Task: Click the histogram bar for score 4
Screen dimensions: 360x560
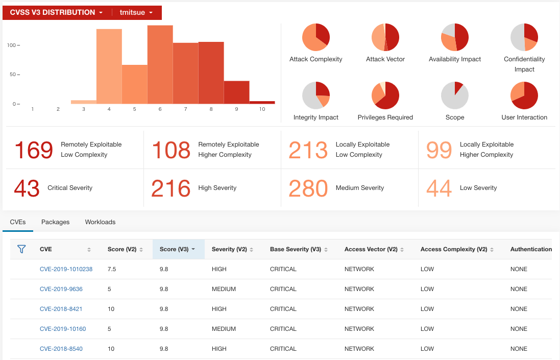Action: point(109,66)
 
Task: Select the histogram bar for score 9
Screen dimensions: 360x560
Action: point(236,92)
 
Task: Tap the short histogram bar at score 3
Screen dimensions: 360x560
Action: point(84,102)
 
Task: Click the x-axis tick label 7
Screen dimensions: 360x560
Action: point(186,109)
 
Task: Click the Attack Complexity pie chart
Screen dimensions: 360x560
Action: point(316,37)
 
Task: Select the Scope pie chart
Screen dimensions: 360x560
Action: point(455,95)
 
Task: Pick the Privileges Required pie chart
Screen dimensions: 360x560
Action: point(385,95)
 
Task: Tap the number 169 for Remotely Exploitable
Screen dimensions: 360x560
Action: point(34,150)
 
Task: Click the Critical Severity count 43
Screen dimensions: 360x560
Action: point(27,188)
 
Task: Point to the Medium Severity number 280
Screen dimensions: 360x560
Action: point(308,188)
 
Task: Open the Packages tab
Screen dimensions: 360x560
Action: point(55,222)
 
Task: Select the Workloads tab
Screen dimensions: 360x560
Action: point(100,222)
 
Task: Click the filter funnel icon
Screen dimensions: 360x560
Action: point(21,249)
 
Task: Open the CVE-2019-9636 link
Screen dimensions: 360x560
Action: point(61,289)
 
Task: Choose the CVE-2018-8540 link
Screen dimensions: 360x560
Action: point(61,349)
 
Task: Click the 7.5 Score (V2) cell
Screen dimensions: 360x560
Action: point(112,269)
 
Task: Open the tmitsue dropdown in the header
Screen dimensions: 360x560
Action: point(136,12)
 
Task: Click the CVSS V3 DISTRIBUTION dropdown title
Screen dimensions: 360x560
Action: point(56,12)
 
